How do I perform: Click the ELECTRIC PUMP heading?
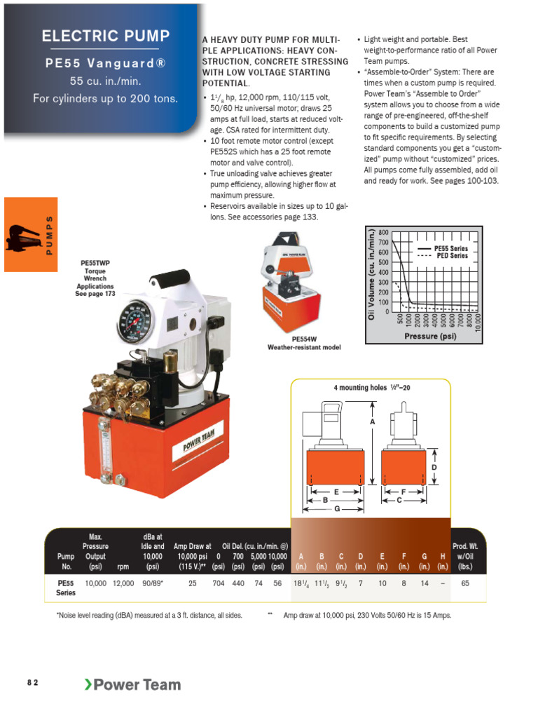tap(105, 36)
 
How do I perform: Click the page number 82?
tap(33, 682)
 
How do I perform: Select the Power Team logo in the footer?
tap(132, 684)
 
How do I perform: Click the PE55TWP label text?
tap(95, 264)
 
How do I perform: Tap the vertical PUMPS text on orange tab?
tap(49, 234)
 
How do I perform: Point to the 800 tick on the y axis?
tap(383, 232)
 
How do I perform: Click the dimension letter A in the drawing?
tap(373, 422)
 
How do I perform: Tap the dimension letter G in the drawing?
tap(336, 508)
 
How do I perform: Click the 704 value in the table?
tap(218, 583)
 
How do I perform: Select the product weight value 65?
tap(465, 583)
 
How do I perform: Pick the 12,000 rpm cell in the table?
tap(123, 583)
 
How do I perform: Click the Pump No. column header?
tap(65, 561)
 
